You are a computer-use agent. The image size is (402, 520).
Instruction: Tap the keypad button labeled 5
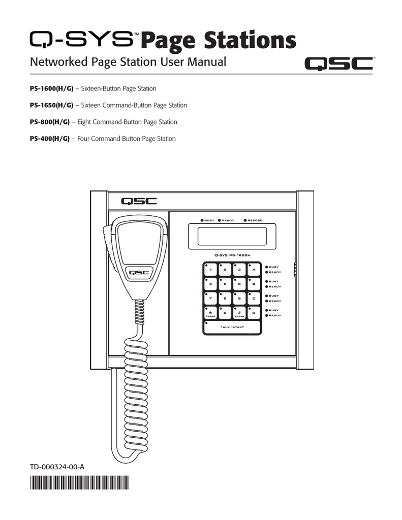(225, 284)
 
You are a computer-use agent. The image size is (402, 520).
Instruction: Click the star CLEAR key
(210, 313)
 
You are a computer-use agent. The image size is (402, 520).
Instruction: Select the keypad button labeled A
(253, 270)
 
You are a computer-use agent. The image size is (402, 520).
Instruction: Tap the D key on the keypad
(253, 313)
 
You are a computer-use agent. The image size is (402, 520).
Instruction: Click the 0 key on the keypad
(225, 313)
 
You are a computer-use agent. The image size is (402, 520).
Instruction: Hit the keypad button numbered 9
(239, 299)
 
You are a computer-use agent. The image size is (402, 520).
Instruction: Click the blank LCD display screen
(231, 237)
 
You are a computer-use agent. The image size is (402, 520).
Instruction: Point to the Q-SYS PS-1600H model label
(231, 255)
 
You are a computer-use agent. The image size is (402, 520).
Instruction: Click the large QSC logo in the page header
(338, 64)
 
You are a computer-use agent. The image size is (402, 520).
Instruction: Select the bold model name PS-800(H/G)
(50, 122)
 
